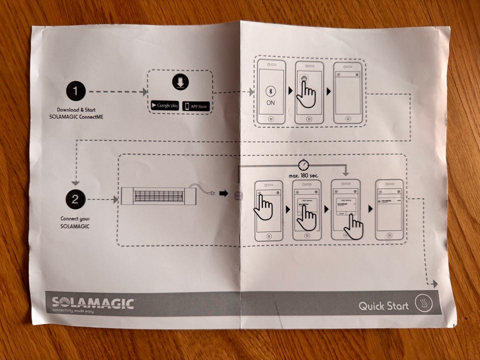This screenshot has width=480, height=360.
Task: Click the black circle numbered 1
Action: pyautogui.click(x=75, y=91)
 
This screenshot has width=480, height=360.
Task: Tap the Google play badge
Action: pyautogui.click(x=165, y=105)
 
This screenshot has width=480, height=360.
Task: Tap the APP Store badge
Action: pyautogui.click(x=196, y=105)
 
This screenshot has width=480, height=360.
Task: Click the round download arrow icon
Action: pyautogui.click(x=180, y=81)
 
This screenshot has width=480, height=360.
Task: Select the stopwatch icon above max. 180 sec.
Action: pyautogui.click(x=303, y=164)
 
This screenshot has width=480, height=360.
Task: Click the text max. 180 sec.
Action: pyautogui.click(x=303, y=176)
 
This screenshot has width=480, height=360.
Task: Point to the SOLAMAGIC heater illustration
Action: pyautogui.click(x=158, y=196)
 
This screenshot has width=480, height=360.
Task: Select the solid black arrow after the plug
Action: pyautogui.click(x=223, y=193)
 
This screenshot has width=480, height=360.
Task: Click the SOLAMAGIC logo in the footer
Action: pyautogui.click(x=93, y=303)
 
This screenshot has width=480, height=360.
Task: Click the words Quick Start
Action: pyautogui.click(x=383, y=305)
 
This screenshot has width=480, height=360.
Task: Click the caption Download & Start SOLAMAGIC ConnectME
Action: pyautogui.click(x=76, y=113)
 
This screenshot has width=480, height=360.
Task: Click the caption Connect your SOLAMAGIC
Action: pyautogui.click(x=75, y=222)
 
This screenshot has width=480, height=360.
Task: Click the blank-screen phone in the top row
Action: pyautogui.click(x=347, y=92)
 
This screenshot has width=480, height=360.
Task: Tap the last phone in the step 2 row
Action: pyautogui.click(x=389, y=209)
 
